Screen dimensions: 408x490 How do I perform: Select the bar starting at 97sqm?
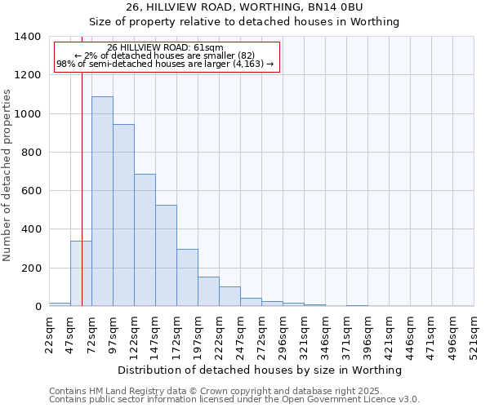point(123,215)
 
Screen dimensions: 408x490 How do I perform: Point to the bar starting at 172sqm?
point(187,277)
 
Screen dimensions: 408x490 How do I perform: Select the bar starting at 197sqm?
point(208,291)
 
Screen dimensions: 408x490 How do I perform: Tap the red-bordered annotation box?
point(167,56)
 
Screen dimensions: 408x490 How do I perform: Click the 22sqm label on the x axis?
point(49,334)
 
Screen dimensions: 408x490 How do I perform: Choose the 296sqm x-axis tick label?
point(283,334)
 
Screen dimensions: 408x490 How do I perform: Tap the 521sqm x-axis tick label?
point(474,334)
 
